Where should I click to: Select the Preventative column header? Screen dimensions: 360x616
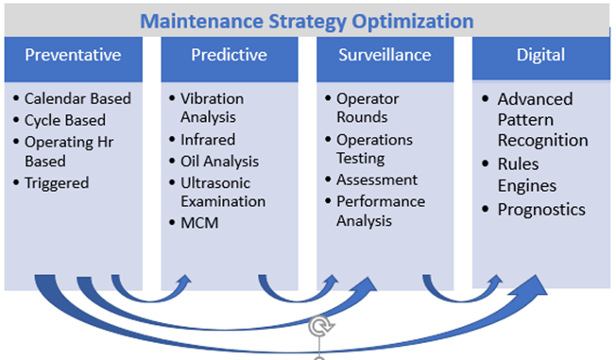point(73,54)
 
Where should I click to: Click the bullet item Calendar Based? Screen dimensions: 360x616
point(77,99)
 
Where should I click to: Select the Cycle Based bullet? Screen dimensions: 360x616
point(65,120)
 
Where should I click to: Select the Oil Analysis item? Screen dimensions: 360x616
point(218,162)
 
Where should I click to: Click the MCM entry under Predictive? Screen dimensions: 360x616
point(197,223)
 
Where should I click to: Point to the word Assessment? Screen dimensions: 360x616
point(376,180)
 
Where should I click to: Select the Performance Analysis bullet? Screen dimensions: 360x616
point(381,211)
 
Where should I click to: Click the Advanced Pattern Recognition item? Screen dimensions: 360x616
point(542,119)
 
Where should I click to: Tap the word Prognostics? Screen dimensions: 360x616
point(542,209)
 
